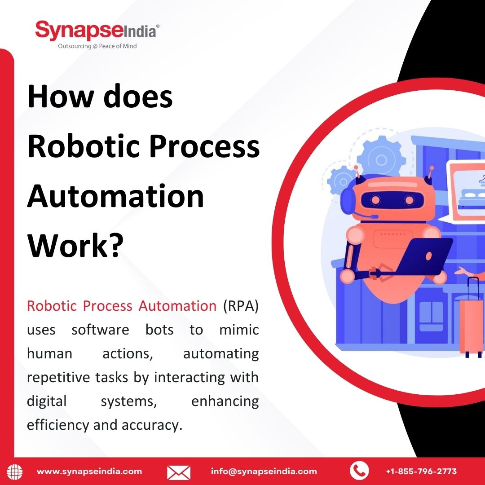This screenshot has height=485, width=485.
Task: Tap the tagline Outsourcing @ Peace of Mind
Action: (x=97, y=46)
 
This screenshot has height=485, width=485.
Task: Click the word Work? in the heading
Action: (x=75, y=245)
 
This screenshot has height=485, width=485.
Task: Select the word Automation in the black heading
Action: (x=116, y=196)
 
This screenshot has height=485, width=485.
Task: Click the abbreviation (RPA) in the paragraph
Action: (x=241, y=306)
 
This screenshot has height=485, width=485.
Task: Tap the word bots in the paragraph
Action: (x=159, y=330)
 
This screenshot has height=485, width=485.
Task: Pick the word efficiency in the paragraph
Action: (x=58, y=425)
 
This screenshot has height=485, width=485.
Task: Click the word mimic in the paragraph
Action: (x=239, y=330)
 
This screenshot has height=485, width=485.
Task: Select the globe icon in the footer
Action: (x=15, y=472)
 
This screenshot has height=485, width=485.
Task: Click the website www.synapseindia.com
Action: (x=89, y=472)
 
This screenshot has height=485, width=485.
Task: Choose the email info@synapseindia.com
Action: (x=264, y=472)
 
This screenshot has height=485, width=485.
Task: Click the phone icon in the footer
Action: (x=359, y=471)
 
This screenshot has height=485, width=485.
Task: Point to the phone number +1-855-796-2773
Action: (x=421, y=472)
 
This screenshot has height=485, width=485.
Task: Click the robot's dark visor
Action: (x=392, y=199)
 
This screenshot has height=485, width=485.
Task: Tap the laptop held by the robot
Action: (x=424, y=256)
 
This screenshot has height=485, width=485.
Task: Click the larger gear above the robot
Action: (x=381, y=160)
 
